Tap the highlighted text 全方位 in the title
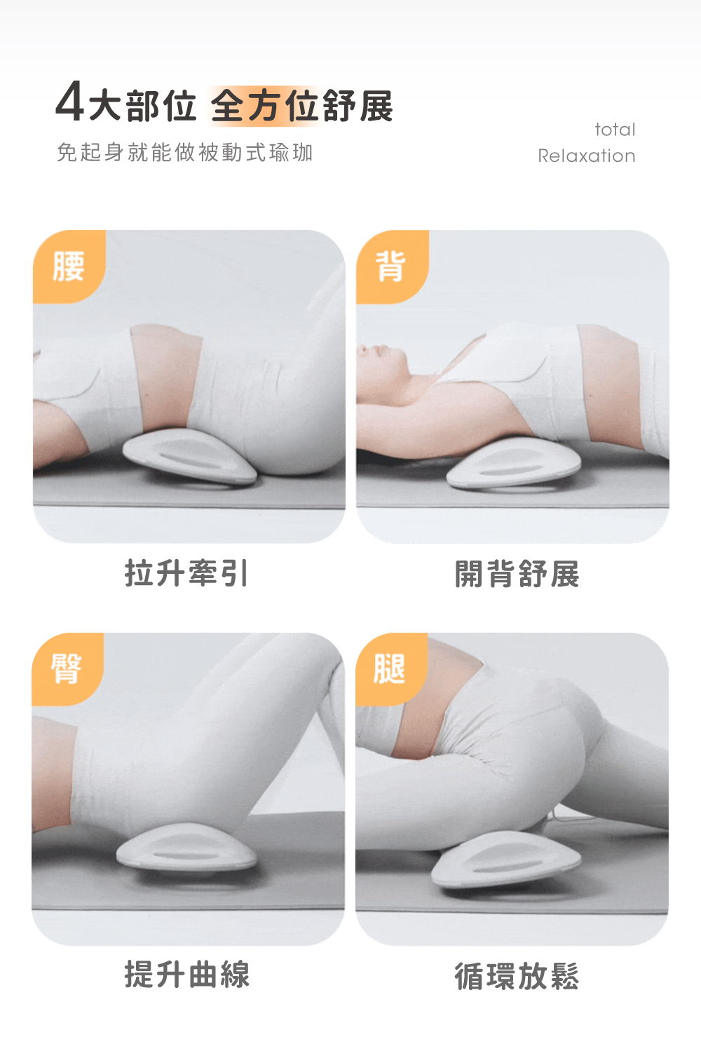266,106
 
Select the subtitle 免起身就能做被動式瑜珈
184,152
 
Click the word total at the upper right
615,130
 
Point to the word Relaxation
587,156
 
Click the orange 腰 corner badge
69,266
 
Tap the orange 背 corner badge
392,266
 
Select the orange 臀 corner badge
67,668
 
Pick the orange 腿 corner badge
390,668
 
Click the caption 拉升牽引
186,573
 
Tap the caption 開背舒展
517,573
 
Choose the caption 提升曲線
187,975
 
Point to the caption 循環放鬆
517,976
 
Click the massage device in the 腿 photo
506,860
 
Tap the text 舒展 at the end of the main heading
358,106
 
